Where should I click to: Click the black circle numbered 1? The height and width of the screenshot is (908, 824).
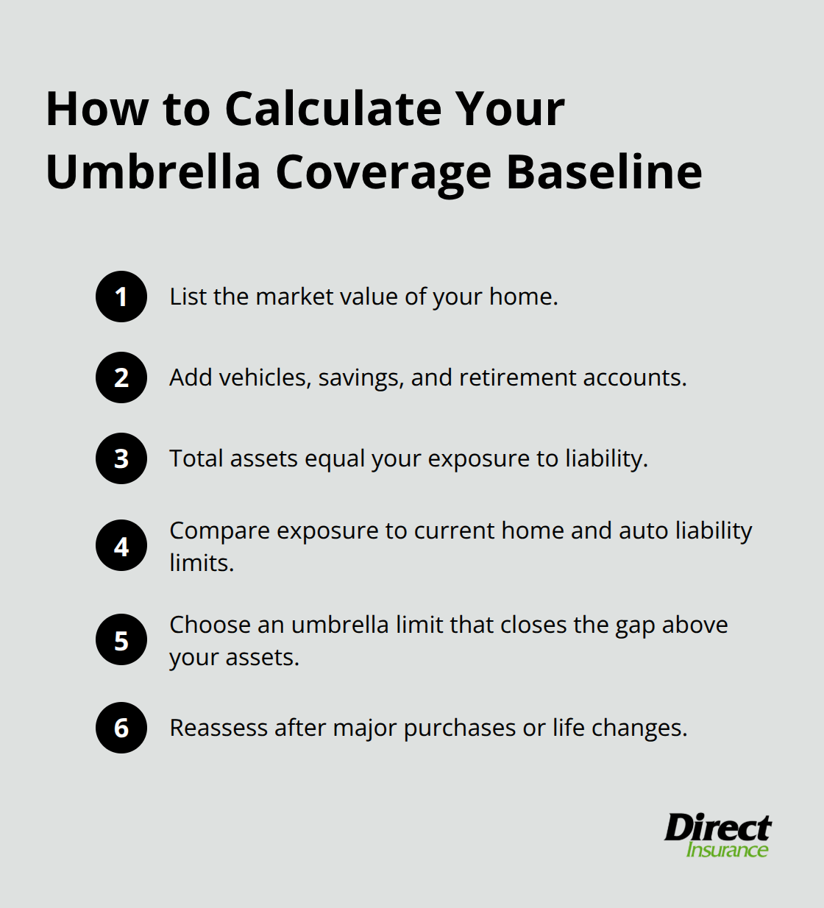pyautogui.click(x=121, y=297)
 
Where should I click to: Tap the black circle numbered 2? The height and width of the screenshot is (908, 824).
pyautogui.click(x=121, y=377)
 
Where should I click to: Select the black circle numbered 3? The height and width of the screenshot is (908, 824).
pyautogui.click(x=121, y=458)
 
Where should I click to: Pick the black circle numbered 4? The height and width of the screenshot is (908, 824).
pyautogui.click(x=121, y=546)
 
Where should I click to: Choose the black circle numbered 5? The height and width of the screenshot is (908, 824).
pyautogui.click(x=121, y=640)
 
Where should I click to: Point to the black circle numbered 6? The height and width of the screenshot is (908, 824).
pyautogui.click(x=121, y=728)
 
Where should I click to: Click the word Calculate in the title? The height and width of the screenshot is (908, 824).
pyautogui.click(x=333, y=109)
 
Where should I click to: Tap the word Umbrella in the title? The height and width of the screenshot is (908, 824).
pyautogui.click(x=153, y=172)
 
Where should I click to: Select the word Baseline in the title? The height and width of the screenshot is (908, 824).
pyautogui.click(x=604, y=172)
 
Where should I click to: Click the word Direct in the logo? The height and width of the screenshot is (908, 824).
pyautogui.click(x=717, y=828)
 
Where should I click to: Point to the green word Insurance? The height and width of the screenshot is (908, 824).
pyautogui.click(x=727, y=850)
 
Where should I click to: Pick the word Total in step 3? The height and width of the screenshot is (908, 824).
pyautogui.click(x=196, y=458)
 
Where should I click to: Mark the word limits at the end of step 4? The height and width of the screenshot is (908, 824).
pyautogui.click(x=201, y=563)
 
